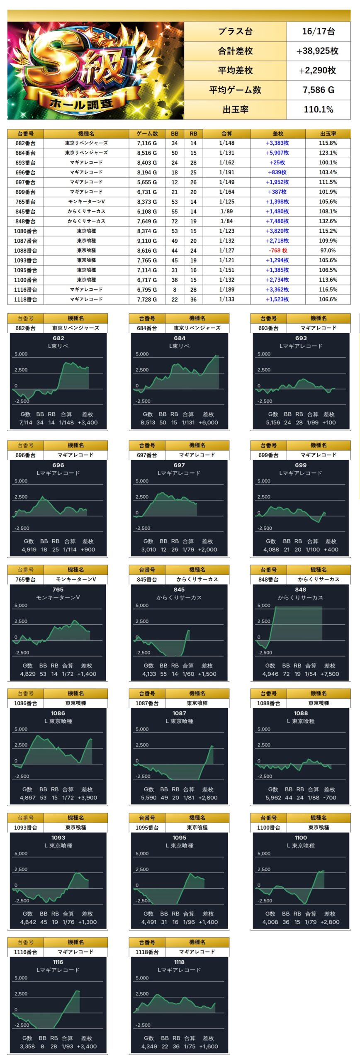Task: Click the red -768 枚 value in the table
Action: [277, 251]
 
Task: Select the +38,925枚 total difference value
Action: [318, 51]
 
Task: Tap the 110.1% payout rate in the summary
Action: [318, 110]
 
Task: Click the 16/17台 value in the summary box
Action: [318, 32]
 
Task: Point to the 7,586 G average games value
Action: [318, 90]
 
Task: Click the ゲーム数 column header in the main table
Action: [147, 134]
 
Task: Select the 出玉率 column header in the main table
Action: [328, 134]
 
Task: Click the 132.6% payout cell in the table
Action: [328, 221]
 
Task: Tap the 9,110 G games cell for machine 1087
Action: [147, 241]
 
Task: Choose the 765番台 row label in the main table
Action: [25, 202]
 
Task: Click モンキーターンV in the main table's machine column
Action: [86, 202]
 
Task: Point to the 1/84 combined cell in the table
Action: [226, 221]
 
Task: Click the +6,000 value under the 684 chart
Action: [208, 422]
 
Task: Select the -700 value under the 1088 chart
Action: [330, 797]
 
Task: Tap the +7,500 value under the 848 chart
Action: [330, 674]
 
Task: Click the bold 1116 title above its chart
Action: [58, 962]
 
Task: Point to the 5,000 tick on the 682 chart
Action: [21, 354]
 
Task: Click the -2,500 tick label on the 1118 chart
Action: [142, 1025]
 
